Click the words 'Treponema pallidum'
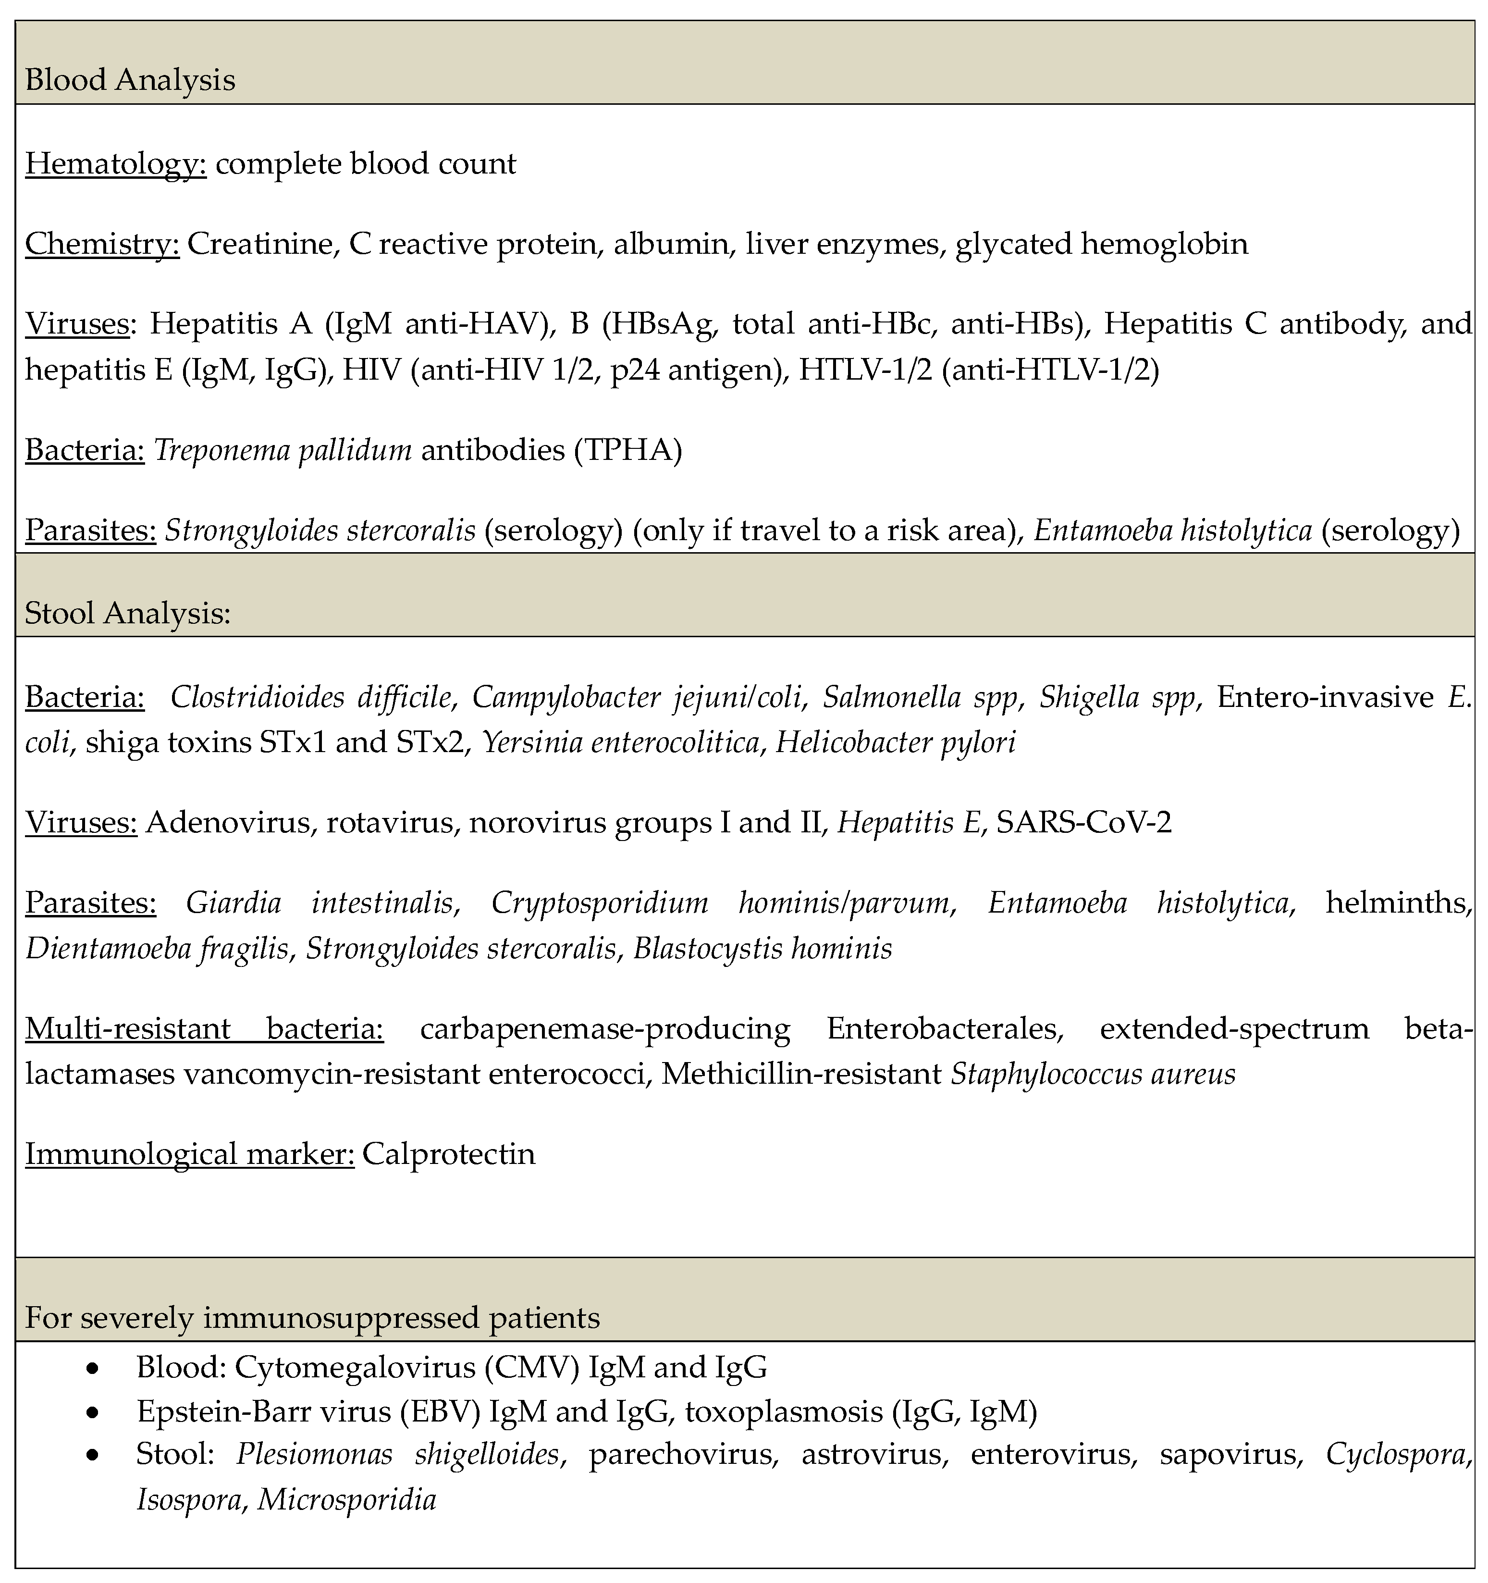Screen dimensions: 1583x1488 point(283,451)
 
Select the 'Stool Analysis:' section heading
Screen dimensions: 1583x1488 point(127,613)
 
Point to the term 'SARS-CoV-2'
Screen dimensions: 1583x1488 point(1084,823)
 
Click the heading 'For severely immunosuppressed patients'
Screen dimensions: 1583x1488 point(312,1318)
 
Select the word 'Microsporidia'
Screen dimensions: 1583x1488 point(347,1501)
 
